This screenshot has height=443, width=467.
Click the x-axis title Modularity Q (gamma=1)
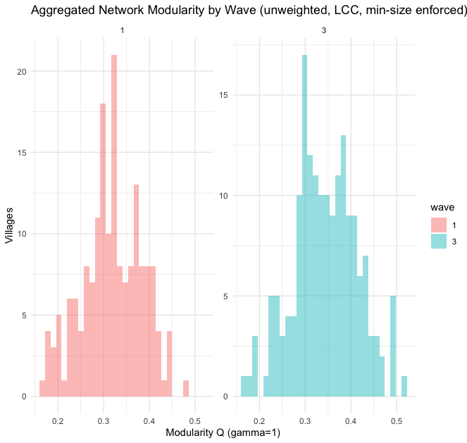223,432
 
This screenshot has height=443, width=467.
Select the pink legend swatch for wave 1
439,225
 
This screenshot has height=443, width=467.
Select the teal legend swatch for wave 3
439,241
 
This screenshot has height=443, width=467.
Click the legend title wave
441,208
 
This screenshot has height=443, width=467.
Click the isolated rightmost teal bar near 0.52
404,386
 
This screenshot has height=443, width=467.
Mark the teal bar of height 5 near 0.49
393,345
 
